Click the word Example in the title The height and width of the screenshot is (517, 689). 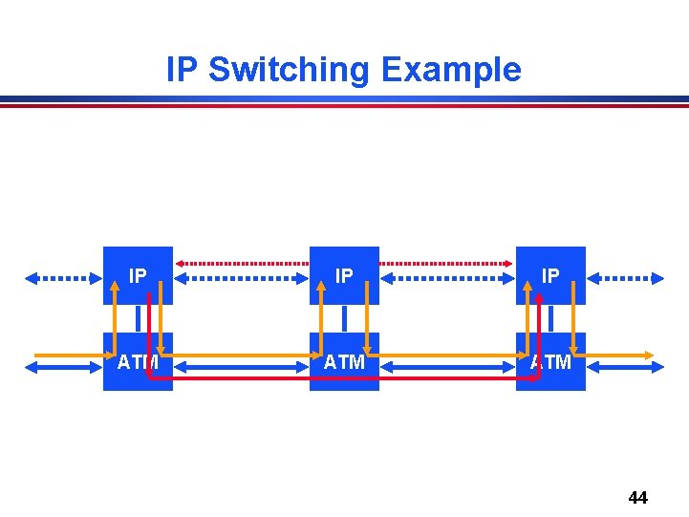click(450, 71)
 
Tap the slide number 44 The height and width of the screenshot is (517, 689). click(637, 498)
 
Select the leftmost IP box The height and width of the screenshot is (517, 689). click(138, 275)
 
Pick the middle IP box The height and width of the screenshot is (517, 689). click(344, 275)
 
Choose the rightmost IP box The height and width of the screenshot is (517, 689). click(550, 275)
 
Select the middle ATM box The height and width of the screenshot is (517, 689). click(344, 362)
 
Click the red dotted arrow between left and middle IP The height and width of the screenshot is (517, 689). click(241, 262)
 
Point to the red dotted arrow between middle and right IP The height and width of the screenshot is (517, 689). click(447, 262)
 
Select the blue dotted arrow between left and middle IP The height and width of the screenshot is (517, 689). click(241, 278)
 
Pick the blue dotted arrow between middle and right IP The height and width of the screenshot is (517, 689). click(447, 278)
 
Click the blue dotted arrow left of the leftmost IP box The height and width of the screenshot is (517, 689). click(62, 278)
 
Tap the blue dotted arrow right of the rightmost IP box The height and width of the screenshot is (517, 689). click(626, 278)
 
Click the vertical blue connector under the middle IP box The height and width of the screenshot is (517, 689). click(344, 317)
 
